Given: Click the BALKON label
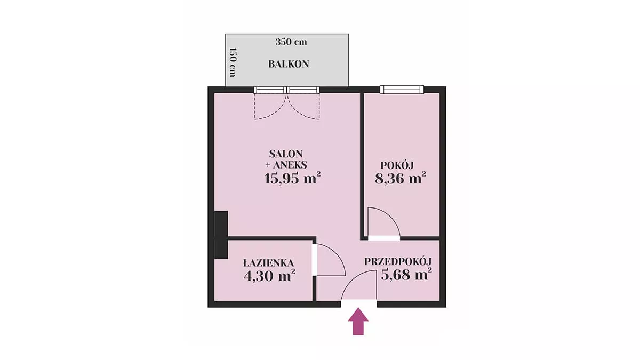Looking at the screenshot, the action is point(289,64).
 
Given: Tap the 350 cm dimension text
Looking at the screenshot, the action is point(291,42).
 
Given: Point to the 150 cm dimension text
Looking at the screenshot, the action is point(233,62).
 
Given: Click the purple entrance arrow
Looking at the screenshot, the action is point(358,321).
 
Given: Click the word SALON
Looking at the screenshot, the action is point(286,154).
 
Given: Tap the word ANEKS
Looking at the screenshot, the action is point(290,165).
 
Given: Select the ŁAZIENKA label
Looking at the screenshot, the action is point(269,262).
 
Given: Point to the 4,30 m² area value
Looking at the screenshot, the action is point(269,276).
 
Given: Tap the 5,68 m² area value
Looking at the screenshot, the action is point(406,275).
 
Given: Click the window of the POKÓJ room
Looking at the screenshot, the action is point(402,90).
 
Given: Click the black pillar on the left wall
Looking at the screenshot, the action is point(221,235).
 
